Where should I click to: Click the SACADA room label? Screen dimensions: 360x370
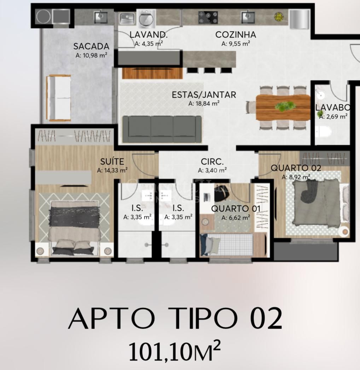(x=91, y=46)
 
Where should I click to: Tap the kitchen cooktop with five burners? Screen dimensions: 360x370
(x=208, y=17)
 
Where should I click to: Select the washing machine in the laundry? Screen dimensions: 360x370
(x=146, y=18)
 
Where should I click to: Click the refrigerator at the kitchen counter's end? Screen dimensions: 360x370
(x=300, y=19)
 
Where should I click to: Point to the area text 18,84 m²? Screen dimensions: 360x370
(x=204, y=103)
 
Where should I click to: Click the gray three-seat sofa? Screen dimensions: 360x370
(x=162, y=129)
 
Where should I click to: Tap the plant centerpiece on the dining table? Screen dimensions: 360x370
(x=285, y=106)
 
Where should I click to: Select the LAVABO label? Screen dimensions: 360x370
(x=333, y=108)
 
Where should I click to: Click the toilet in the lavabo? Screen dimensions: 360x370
(x=324, y=132)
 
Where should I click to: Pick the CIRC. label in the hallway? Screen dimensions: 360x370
(x=212, y=162)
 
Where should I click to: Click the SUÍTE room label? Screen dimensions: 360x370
(x=112, y=162)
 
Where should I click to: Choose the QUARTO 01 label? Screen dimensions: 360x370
(x=236, y=209)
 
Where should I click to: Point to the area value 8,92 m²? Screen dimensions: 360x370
(x=296, y=177)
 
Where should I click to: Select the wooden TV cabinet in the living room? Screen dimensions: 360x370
(x=152, y=73)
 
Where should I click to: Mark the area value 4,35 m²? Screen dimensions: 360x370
(x=149, y=44)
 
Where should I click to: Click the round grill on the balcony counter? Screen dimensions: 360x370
(x=43, y=17)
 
